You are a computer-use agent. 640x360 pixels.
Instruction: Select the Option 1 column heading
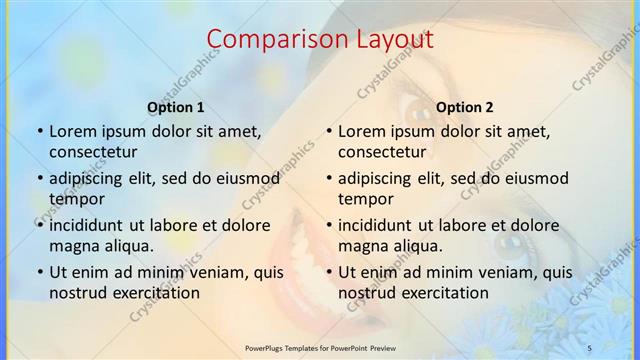175,107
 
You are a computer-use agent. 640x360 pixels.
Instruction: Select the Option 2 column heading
465,107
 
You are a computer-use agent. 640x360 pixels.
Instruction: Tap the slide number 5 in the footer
589,347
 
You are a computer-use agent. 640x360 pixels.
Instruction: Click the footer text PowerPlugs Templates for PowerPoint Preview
319,347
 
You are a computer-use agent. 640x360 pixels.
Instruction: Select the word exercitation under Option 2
442,293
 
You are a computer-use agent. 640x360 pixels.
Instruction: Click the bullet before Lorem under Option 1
40,131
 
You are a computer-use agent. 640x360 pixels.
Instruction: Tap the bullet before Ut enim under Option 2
329,272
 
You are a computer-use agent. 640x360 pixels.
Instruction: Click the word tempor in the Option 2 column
365,199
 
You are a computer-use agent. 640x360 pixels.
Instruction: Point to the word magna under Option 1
73,246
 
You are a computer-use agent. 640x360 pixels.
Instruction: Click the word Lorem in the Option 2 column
362,131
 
